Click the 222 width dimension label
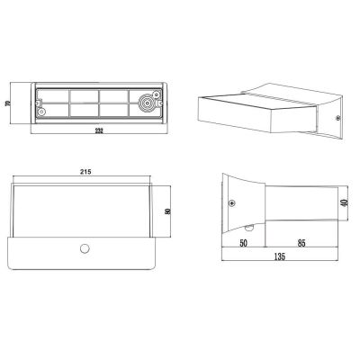[99, 130]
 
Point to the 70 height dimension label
[8, 103]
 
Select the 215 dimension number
[85, 172]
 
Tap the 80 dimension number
[167, 211]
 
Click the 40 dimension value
[345, 202]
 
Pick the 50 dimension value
[243, 243]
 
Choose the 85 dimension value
[301, 243]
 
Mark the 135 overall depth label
[280, 256]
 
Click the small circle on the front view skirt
[85, 248]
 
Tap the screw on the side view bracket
[232, 203]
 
